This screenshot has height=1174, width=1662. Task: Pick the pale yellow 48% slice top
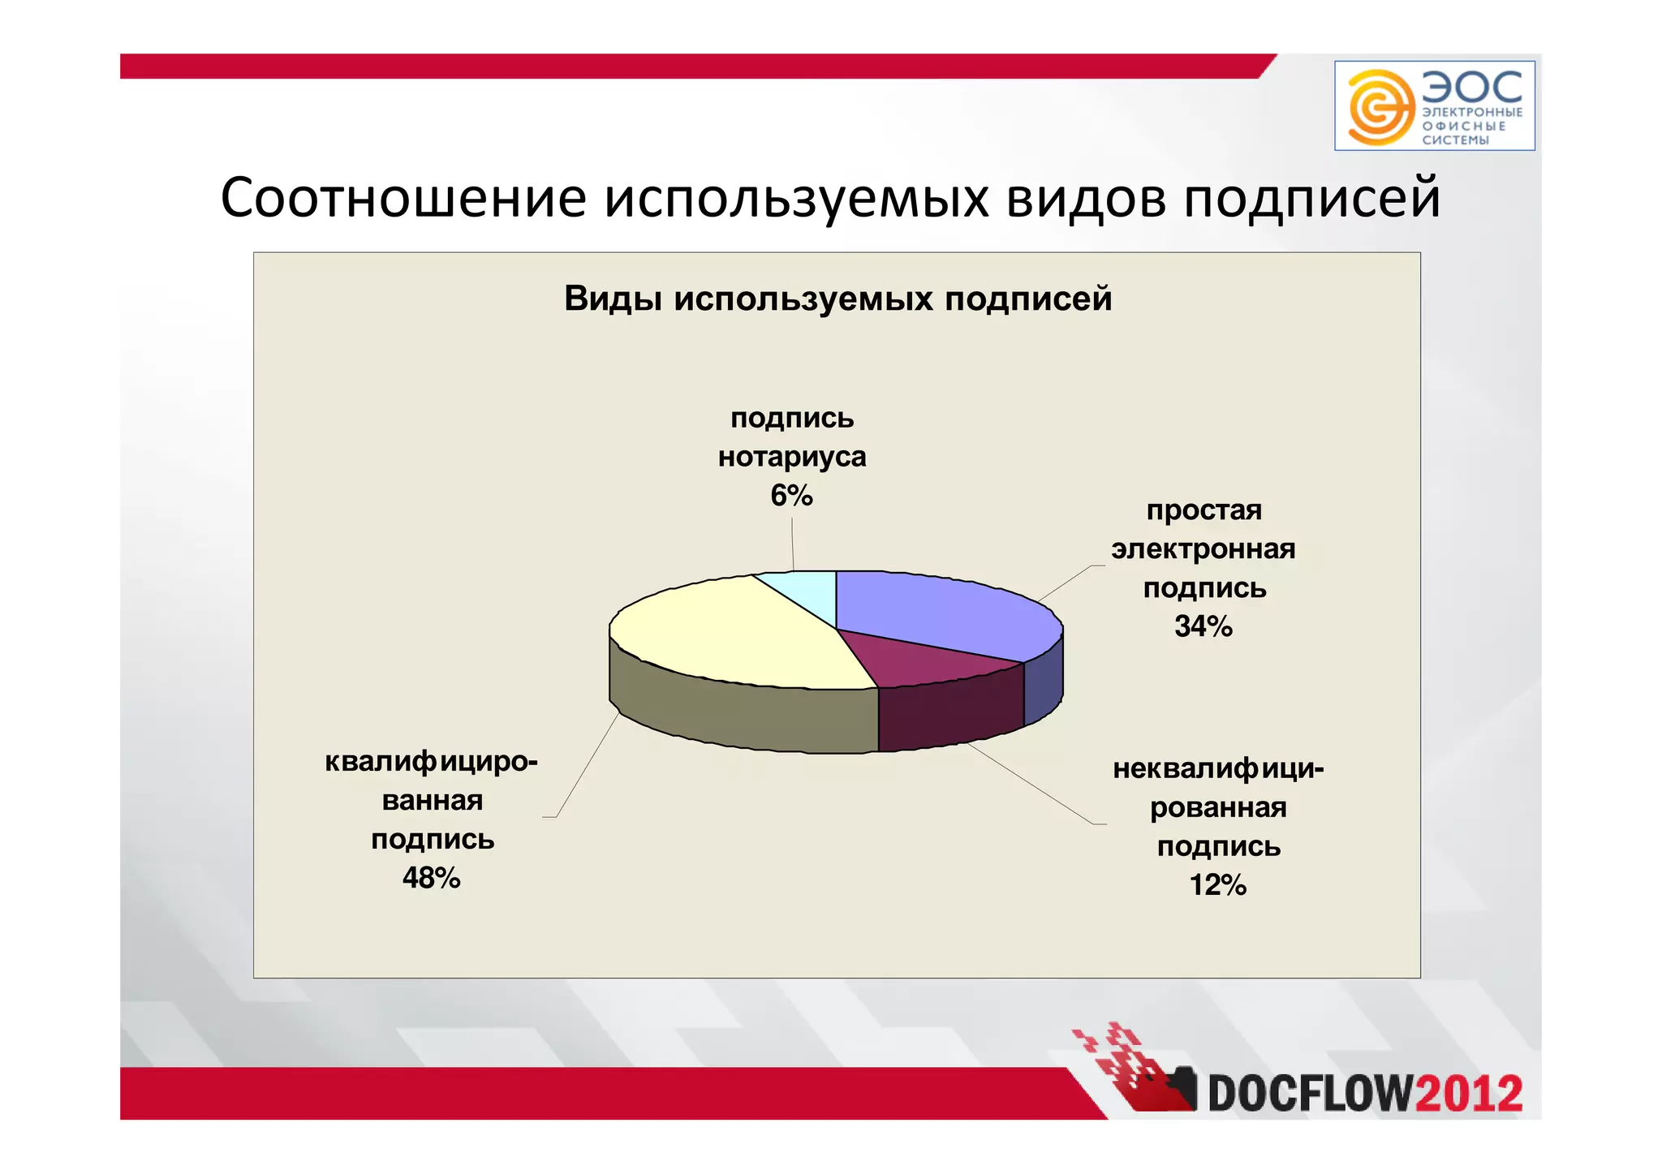730,633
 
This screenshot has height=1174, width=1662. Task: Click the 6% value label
791,496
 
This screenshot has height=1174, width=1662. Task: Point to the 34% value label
1203,626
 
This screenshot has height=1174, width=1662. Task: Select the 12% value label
1217,884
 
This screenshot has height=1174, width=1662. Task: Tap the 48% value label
431,878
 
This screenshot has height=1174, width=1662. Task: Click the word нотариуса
792,457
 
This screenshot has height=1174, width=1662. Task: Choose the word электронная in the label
1203,549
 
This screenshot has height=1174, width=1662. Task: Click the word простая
1203,510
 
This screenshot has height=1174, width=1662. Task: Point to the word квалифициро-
431,762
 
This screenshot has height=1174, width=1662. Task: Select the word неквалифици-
1217,768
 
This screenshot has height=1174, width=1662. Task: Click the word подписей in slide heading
1311,199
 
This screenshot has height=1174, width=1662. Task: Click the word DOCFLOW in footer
1311,1093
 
